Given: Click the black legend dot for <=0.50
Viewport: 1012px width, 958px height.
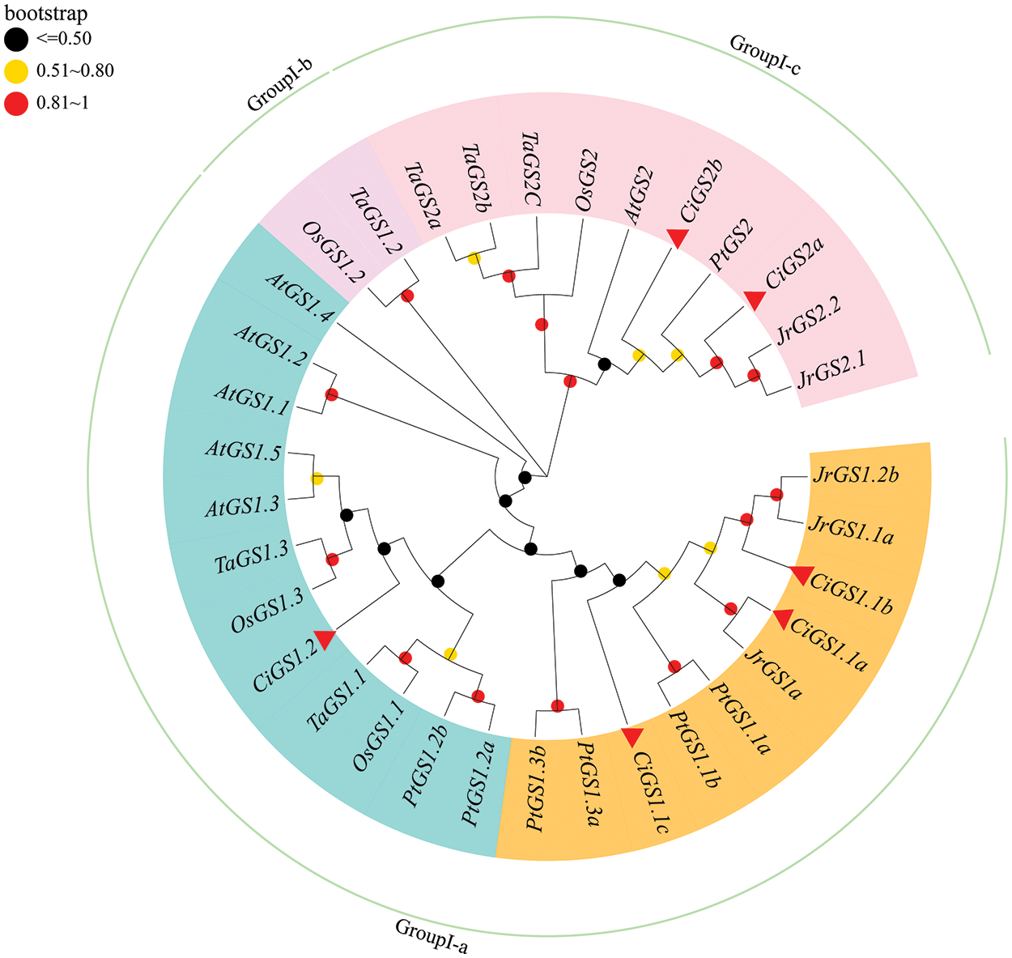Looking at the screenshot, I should pyautogui.click(x=15, y=38).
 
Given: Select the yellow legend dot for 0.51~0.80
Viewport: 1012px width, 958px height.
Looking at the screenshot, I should pyautogui.click(x=15, y=71).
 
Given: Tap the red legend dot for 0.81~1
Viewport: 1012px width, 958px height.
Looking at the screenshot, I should pyautogui.click(x=15, y=104).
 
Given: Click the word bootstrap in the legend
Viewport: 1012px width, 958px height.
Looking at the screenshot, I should pyautogui.click(x=46, y=14).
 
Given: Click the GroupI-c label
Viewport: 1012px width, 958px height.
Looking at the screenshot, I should pyautogui.click(x=765, y=55).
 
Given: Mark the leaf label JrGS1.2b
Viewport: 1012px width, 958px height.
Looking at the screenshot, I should pyautogui.click(x=855, y=475).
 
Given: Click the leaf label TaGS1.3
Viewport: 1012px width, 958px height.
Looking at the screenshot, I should pyautogui.click(x=251, y=559).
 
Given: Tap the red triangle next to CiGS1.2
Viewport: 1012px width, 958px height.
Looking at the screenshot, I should pyautogui.click(x=325, y=639).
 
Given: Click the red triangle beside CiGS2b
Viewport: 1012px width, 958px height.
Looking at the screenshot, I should pyautogui.click(x=678, y=236).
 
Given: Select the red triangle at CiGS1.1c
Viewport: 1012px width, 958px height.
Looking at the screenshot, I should pyautogui.click(x=631, y=735).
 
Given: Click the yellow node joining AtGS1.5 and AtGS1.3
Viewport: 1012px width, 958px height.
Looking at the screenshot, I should pyautogui.click(x=317, y=479).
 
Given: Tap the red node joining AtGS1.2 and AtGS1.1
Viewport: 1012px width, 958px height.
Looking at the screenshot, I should pyautogui.click(x=331, y=395).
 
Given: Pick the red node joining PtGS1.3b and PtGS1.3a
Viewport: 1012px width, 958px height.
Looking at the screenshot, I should pyautogui.click(x=557, y=705).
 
